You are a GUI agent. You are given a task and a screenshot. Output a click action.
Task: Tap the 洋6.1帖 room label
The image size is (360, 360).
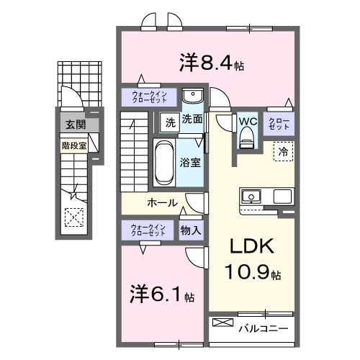(162, 294)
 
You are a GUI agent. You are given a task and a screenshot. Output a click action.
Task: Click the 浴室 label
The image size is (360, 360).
(191, 163)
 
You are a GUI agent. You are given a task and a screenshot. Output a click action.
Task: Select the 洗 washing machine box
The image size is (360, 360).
(170, 120)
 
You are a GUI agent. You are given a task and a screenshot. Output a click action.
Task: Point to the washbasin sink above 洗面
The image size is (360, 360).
(192, 96)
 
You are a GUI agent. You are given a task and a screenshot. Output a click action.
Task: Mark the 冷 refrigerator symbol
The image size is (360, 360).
(283, 152)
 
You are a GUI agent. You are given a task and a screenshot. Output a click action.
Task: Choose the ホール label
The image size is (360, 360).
(162, 202)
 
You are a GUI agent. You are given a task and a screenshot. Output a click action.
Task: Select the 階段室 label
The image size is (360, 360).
(73, 144)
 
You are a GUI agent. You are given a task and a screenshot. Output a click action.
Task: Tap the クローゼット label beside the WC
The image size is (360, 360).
(279, 123)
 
